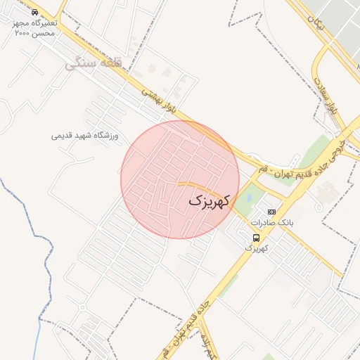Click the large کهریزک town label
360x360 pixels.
[210, 200]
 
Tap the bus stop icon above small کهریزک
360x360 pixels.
[255, 237]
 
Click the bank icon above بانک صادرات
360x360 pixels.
[272, 212]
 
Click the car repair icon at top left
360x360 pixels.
[35, 13]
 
